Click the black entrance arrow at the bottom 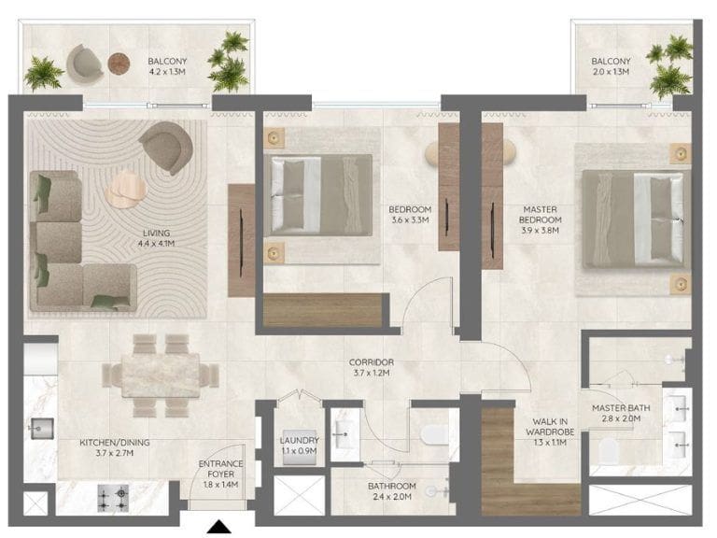click(219, 527)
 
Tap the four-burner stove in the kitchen click(113, 498)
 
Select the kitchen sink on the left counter click(42, 428)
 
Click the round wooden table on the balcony click(119, 64)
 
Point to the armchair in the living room click(167, 147)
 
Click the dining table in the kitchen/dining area click(161, 375)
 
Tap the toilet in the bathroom click(434, 434)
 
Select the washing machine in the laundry click(300, 447)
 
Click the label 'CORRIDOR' click(372, 362)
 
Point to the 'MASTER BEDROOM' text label click(540, 215)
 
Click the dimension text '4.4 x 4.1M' click(157, 244)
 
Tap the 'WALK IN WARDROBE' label click(550, 426)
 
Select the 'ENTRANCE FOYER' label click(221, 469)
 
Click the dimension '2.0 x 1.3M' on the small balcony click(611, 72)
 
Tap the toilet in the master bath click(608, 450)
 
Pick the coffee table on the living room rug click(125, 189)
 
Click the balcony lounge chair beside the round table click(85, 64)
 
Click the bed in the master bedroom click(637, 219)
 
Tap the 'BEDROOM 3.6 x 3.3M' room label click(410, 215)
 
